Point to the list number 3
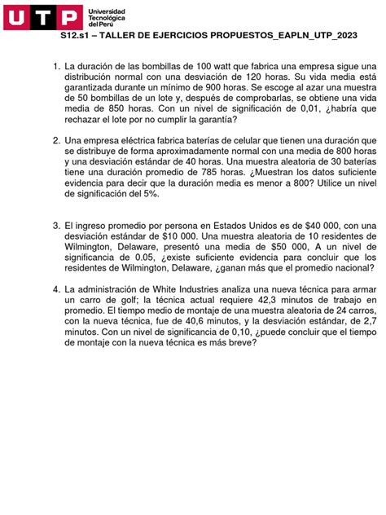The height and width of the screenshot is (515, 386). pos(55,225)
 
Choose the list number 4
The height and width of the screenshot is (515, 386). pos(55,288)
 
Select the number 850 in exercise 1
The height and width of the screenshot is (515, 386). pos(118,108)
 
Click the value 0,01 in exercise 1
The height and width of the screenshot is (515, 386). pos(309,108)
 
